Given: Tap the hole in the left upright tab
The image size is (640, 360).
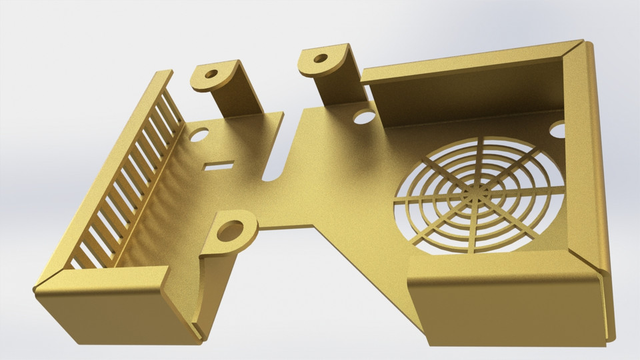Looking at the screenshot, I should (x=211, y=75).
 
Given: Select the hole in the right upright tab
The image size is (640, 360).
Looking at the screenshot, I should (x=321, y=58).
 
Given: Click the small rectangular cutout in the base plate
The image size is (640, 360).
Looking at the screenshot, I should (x=219, y=165).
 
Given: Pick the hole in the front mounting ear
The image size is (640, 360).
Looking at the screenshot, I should (x=230, y=231).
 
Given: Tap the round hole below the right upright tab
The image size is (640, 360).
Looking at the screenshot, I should (x=364, y=117).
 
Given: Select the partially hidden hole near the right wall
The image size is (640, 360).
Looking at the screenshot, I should (x=558, y=130).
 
